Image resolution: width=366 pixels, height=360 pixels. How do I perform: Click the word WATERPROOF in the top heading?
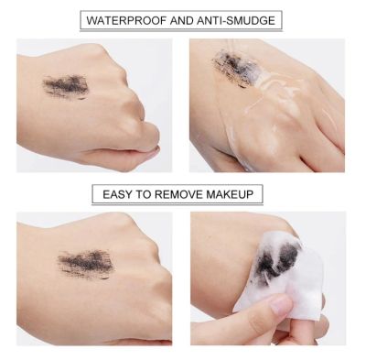click(126, 20)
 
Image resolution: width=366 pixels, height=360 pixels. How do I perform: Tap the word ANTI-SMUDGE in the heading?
click(236, 20)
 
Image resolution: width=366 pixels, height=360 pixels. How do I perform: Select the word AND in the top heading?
click(182, 20)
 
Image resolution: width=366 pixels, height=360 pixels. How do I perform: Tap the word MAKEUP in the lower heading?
click(230, 194)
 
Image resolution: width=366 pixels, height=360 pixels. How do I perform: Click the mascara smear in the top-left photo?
click(66, 85)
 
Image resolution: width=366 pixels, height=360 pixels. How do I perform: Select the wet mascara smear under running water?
click(235, 67)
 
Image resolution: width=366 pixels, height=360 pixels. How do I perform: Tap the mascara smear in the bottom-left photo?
click(85, 264)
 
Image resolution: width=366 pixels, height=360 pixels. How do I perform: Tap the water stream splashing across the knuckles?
click(268, 92)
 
